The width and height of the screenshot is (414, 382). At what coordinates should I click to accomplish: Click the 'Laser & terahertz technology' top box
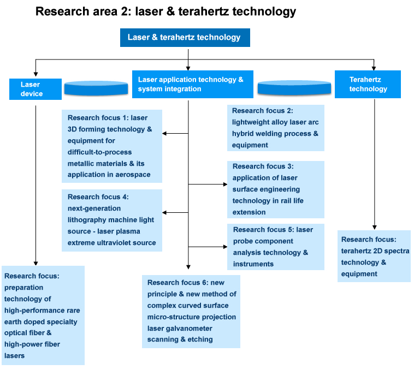point(185,38)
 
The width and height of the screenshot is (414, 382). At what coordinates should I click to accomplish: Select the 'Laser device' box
point(32,89)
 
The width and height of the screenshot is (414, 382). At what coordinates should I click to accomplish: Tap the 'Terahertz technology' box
point(368,84)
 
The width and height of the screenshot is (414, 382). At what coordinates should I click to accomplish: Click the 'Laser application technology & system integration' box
point(192,84)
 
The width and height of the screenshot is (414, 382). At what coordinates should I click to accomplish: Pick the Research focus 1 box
point(112,146)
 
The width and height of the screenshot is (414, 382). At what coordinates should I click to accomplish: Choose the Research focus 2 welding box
point(275,127)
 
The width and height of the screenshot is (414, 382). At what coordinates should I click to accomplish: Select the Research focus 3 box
point(275,189)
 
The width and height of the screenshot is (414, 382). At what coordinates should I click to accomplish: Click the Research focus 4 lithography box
point(112,220)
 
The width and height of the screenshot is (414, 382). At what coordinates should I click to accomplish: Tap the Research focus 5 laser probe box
point(275,247)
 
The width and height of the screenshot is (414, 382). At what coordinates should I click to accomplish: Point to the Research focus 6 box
point(192,311)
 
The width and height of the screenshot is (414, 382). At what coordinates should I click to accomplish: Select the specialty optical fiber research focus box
point(43,315)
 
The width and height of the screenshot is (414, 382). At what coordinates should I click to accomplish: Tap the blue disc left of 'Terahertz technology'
point(294,87)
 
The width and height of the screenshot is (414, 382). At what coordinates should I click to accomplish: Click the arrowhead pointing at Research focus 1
point(165,133)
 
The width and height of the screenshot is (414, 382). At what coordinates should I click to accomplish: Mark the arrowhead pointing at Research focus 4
point(165,212)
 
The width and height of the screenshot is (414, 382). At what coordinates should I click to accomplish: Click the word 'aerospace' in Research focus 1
point(131,175)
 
